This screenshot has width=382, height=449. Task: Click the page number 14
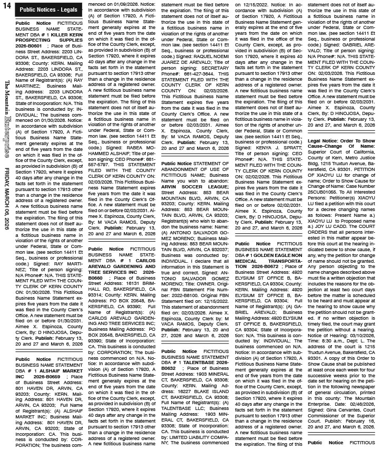click(x=7, y=8)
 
